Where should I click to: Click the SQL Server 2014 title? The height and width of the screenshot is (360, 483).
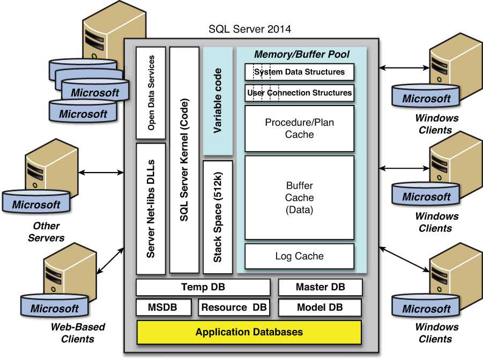pyautogui.click(x=249, y=29)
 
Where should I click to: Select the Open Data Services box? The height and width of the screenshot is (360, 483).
pyautogui.click(x=151, y=93)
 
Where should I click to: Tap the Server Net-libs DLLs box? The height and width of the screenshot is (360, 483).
pyautogui.click(x=151, y=208)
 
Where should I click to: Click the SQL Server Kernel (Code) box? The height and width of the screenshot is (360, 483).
pyautogui.click(x=184, y=160)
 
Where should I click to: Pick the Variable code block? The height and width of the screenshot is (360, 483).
pyautogui.click(x=218, y=101)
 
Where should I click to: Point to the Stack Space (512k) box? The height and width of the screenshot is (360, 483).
pyautogui.click(x=218, y=217)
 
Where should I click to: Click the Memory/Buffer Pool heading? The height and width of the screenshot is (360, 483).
pyautogui.click(x=302, y=54)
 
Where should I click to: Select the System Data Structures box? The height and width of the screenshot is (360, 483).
pyautogui.click(x=300, y=72)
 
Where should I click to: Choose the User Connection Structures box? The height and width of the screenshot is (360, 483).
pyautogui.click(x=300, y=93)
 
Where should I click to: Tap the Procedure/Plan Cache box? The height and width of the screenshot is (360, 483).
pyautogui.click(x=300, y=129)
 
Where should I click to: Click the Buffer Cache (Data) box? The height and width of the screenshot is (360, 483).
pyautogui.click(x=300, y=197)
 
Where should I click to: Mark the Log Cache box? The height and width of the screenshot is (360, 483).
pyautogui.click(x=300, y=256)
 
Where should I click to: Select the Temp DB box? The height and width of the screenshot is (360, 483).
pyautogui.click(x=203, y=287)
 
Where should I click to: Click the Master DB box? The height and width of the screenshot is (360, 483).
pyautogui.click(x=321, y=287)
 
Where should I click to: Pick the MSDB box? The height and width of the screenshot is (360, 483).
pyautogui.click(x=164, y=307)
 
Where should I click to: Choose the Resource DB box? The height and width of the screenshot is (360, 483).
pyautogui.click(x=234, y=307)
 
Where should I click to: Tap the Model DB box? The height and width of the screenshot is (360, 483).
pyautogui.click(x=320, y=307)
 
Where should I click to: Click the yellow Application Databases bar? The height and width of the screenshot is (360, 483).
pyautogui.click(x=249, y=332)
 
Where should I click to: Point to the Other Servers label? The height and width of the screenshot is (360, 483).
pyautogui.click(x=46, y=231)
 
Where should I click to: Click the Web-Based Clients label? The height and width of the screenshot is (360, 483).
pyautogui.click(x=78, y=333)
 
